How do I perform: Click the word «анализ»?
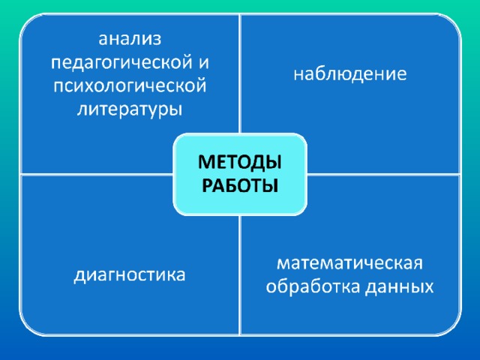click(130, 40)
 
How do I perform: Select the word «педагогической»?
click(121, 63)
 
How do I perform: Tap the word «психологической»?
click(130, 87)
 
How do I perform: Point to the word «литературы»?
click(130, 110)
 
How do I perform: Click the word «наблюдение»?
click(350, 74)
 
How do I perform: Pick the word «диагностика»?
click(130, 275)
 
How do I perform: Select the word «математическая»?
click(350, 263)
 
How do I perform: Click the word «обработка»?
click(314, 286)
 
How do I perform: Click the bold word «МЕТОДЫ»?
click(240, 163)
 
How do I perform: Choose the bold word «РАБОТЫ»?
click(240, 185)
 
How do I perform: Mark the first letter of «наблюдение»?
click(299, 75)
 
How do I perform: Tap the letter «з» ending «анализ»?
click(157, 40)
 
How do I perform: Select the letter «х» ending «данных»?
click(428, 288)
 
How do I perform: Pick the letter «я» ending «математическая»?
click(418, 264)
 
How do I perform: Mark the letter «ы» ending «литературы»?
click(175, 110)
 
